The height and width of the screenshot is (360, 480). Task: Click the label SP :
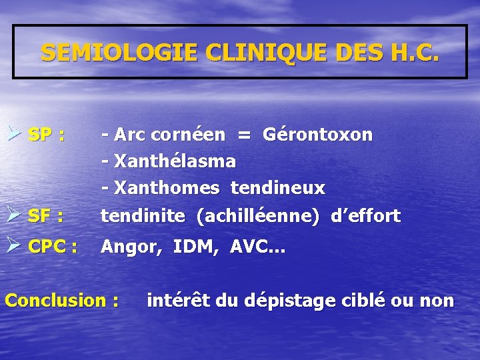click(47, 135)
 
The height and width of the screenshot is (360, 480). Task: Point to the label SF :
click(46, 216)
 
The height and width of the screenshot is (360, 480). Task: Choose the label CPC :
click(53, 247)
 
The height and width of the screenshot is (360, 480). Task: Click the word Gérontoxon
click(318, 135)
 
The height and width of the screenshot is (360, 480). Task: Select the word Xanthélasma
click(175, 161)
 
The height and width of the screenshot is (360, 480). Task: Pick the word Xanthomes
click(167, 189)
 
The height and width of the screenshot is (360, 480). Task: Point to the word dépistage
click(296, 301)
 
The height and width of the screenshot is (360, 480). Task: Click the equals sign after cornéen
click(245, 135)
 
